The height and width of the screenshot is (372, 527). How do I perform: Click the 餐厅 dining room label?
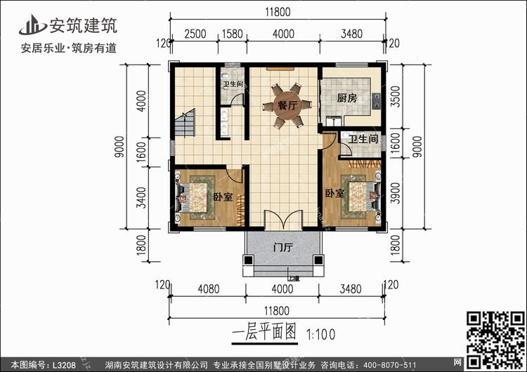285,106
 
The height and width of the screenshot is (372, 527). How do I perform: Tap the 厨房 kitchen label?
346,98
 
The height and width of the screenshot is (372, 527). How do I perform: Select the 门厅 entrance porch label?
283,248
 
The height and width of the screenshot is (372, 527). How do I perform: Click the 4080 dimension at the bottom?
209,288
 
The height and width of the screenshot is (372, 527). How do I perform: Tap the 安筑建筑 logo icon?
32,25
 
